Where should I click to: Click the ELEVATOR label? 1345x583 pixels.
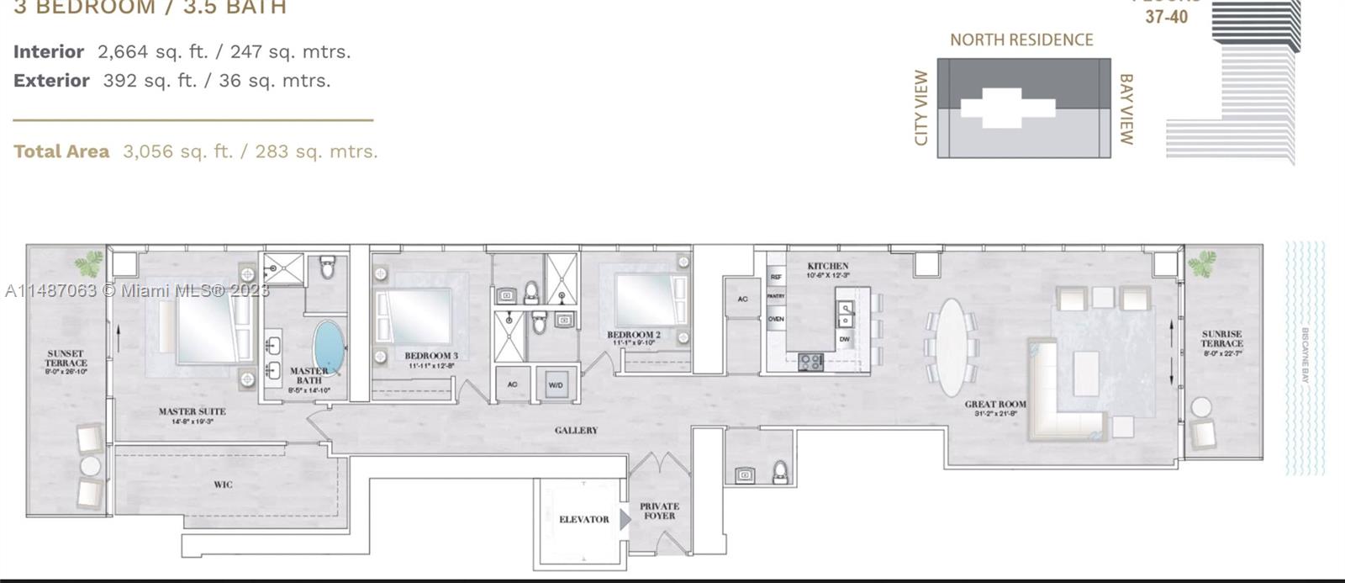[583, 519]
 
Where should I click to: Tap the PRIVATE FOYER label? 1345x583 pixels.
[659, 511]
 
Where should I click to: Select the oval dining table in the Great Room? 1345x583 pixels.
[951, 347]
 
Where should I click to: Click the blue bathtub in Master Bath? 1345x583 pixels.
[329, 346]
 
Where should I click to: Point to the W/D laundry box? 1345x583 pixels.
[556, 384]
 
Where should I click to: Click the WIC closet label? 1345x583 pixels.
[223, 485]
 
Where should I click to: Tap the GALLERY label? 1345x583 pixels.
[576, 430]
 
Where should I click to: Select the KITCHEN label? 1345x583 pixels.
[827, 266]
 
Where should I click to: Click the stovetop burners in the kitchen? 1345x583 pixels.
[810, 363]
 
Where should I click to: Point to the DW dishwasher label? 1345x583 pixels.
[845, 339]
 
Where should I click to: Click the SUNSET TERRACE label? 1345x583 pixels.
[66, 358]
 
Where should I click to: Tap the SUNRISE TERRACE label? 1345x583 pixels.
[1221, 339]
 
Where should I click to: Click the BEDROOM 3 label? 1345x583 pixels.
[431, 356]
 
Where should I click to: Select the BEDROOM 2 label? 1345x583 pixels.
[634, 335]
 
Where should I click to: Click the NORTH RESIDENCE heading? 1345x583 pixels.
[1021, 40]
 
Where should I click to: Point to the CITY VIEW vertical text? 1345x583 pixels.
[921, 108]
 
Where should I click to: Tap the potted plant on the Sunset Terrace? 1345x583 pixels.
[88, 263]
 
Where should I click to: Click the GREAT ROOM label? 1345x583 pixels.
[995, 405]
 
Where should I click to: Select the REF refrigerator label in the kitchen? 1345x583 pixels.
[775, 277]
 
